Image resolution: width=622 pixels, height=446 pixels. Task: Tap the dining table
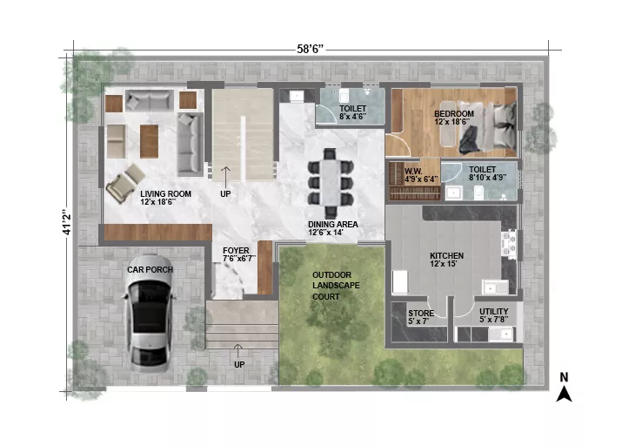tap(330, 182)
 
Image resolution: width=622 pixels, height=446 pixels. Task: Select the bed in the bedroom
tap(487, 126)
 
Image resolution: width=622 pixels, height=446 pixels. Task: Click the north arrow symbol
tap(564, 395)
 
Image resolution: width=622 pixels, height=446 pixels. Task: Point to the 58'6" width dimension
tap(311, 49)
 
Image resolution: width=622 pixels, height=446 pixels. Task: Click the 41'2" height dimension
tap(68, 221)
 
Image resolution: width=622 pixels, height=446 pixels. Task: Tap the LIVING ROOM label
tap(165, 193)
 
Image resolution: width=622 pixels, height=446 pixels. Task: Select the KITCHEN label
tap(446, 256)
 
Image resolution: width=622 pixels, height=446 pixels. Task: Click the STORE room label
tap(421, 313)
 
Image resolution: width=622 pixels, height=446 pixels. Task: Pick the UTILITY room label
tap(493, 311)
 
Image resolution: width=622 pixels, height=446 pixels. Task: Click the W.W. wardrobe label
tap(413, 172)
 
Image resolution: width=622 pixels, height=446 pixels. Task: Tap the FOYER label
tap(236, 251)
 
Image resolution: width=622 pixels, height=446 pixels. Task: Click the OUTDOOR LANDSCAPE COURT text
tap(331, 286)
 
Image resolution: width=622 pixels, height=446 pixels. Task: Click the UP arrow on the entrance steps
tap(238, 351)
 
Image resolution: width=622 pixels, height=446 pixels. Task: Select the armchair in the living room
tap(125, 183)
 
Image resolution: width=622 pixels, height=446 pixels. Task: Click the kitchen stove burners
tap(509, 244)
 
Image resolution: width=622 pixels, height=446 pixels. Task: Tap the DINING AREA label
tap(333, 225)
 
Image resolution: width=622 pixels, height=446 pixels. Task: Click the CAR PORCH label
tap(150, 270)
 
